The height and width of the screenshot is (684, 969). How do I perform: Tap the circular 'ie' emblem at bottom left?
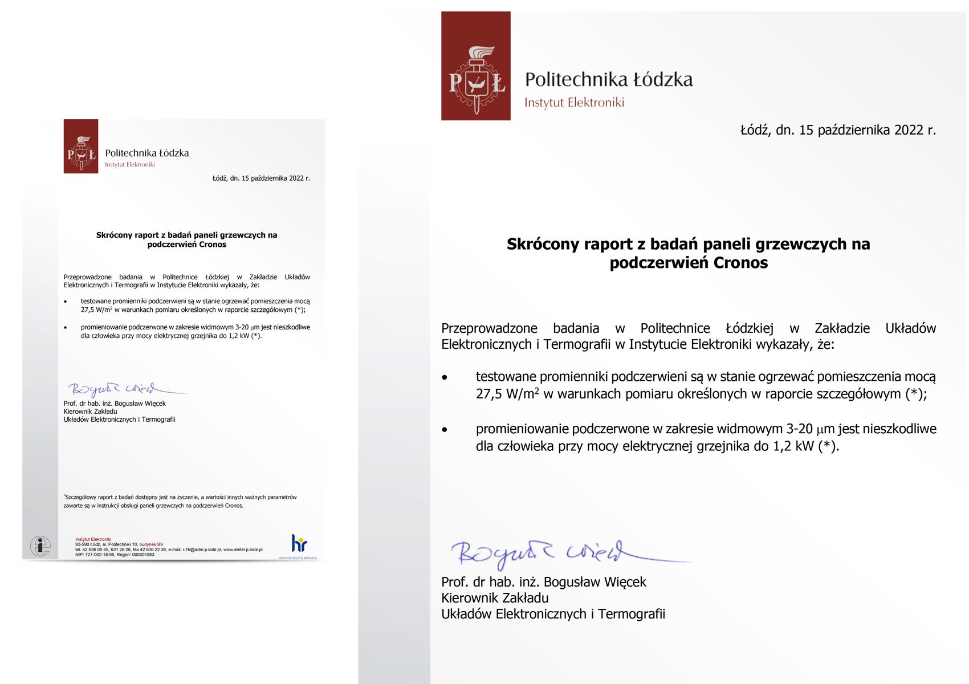pyautogui.click(x=40, y=546)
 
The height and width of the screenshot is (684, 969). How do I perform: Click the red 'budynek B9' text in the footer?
pyautogui.click(x=151, y=544)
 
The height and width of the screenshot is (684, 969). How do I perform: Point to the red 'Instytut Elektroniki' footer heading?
pyautogui.click(x=93, y=539)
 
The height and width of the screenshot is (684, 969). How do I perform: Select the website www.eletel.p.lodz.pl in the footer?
pyautogui.click(x=243, y=549)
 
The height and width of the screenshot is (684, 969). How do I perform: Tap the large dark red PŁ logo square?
pyautogui.click(x=476, y=66)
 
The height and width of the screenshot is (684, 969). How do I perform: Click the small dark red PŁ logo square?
pyautogui.click(x=81, y=146)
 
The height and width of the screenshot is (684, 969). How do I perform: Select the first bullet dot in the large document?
pyautogui.click(x=445, y=377)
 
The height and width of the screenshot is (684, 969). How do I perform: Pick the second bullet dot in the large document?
pyautogui.click(x=445, y=430)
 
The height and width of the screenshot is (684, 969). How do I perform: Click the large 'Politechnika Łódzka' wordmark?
pyautogui.click(x=609, y=80)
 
